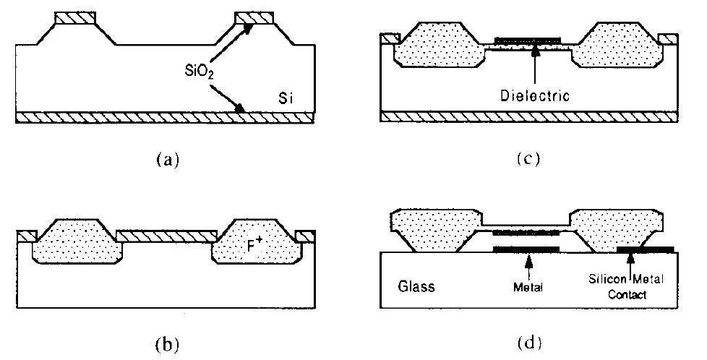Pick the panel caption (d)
click(530, 340)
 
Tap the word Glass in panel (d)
click(419, 286)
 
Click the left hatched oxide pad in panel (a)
click(74, 17)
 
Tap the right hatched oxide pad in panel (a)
click(255, 17)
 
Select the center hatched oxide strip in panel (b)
click(166, 235)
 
